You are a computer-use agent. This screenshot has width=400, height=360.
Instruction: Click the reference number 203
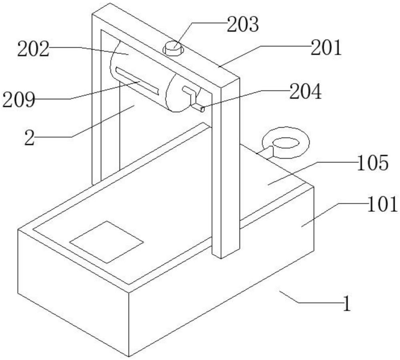click(243, 25)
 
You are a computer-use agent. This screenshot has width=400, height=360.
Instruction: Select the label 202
click(33, 50)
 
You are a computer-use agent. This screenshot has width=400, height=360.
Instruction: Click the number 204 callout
click(306, 92)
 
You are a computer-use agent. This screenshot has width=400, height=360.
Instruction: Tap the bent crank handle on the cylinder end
click(192, 96)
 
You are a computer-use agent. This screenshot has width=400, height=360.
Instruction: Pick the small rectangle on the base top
click(106, 242)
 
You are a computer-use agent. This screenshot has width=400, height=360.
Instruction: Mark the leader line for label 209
click(104, 90)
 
